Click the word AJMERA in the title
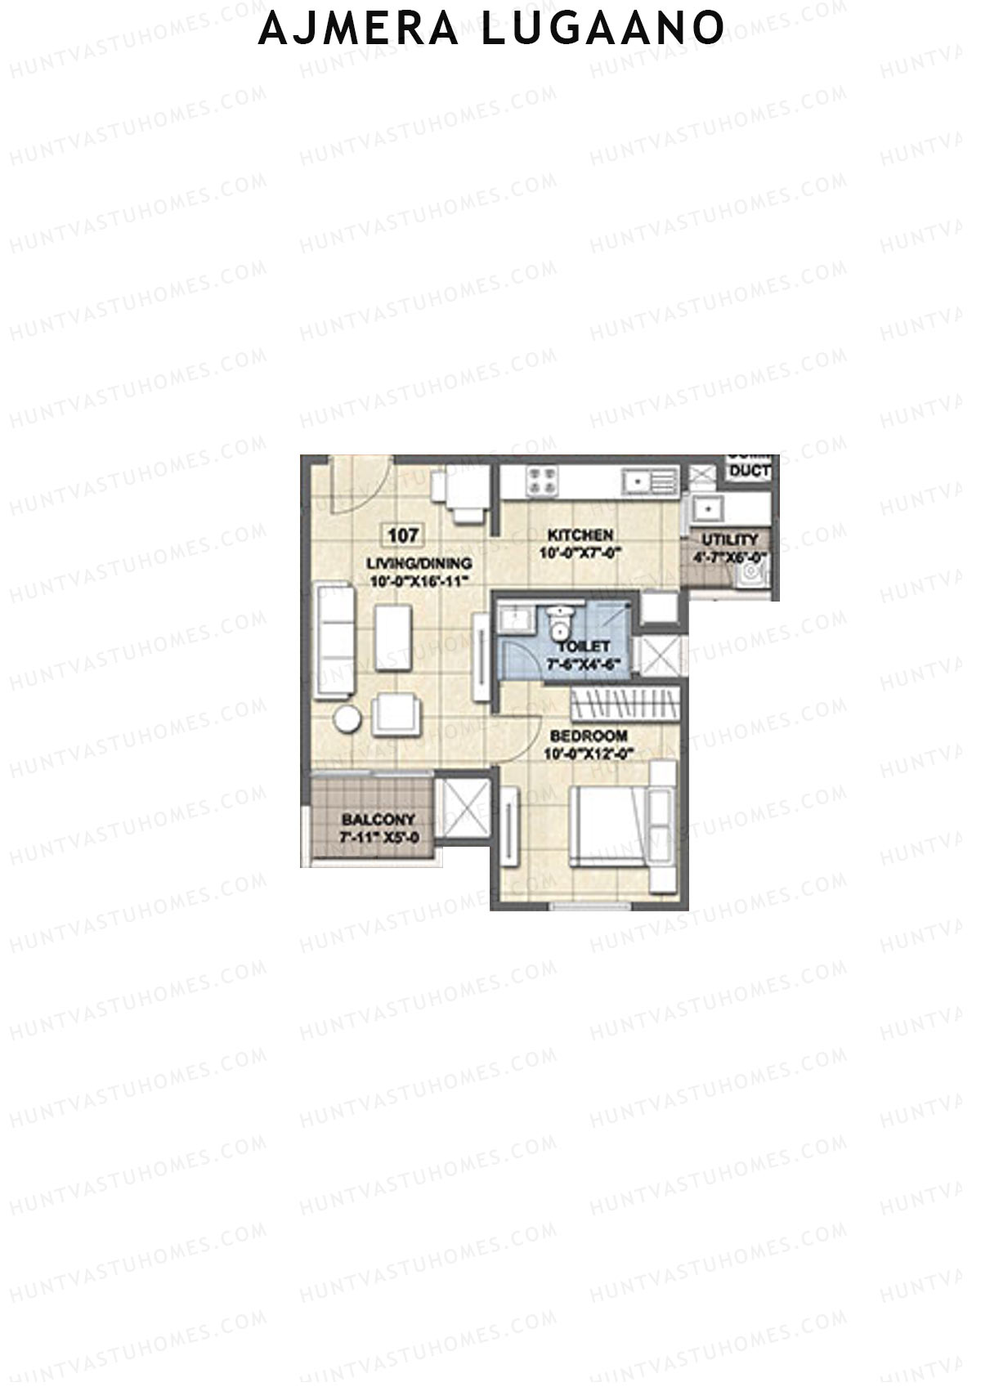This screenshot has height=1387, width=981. (360, 29)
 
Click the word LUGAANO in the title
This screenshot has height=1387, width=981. (602, 29)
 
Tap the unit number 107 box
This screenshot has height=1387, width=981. (403, 536)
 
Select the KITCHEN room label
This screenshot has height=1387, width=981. (580, 535)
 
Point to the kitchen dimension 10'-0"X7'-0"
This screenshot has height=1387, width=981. (580, 553)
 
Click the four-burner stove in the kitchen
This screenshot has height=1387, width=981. (540, 480)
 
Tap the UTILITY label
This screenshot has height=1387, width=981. (730, 540)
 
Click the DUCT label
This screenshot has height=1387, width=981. (750, 471)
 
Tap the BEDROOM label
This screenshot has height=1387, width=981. (589, 736)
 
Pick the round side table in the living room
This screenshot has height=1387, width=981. (347, 720)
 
